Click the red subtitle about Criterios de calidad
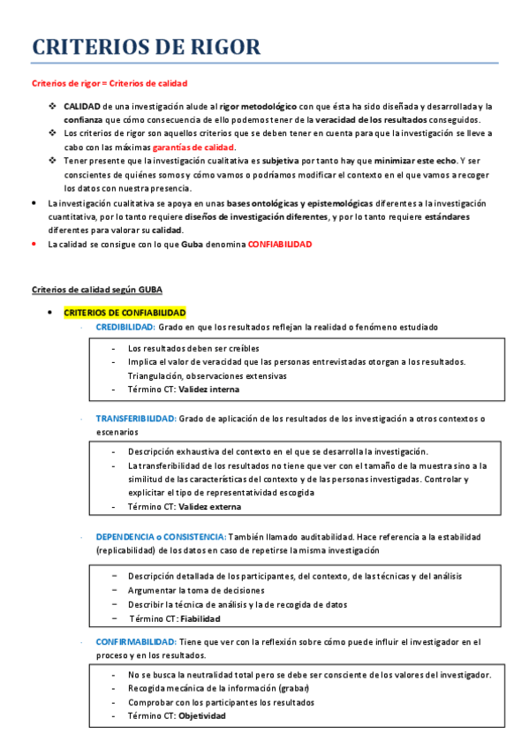(x=110, y=84)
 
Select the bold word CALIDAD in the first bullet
(x=81, y=106)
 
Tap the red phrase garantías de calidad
(x=193, y=147)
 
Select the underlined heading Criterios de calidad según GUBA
(x=97, y=290)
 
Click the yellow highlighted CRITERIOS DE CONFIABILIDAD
(x=125, y=313)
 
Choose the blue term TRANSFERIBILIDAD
(x=136, y=418)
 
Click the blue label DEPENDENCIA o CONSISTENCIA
(x=161, y=536)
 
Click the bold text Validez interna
(x=208, y=390)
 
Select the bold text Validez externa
(x=209, y=507)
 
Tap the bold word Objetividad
(x=202, y=716)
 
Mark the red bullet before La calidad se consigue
(x=34, y=244)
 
